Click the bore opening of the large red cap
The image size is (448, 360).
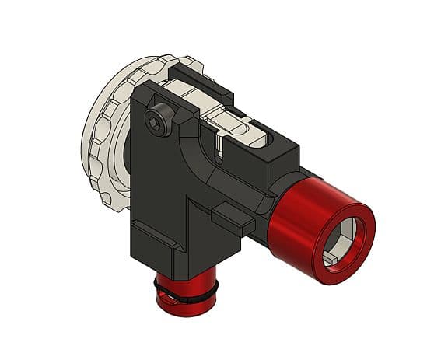343,238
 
